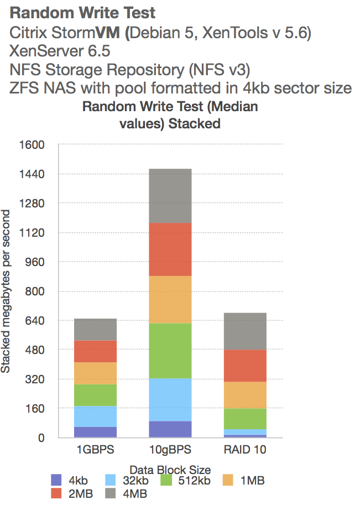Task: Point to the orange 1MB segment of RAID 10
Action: coord(244,395)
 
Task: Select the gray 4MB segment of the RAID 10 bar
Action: coord(244,331)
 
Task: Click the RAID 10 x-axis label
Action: coord(244,450)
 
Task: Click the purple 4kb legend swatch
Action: coord(55,481)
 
